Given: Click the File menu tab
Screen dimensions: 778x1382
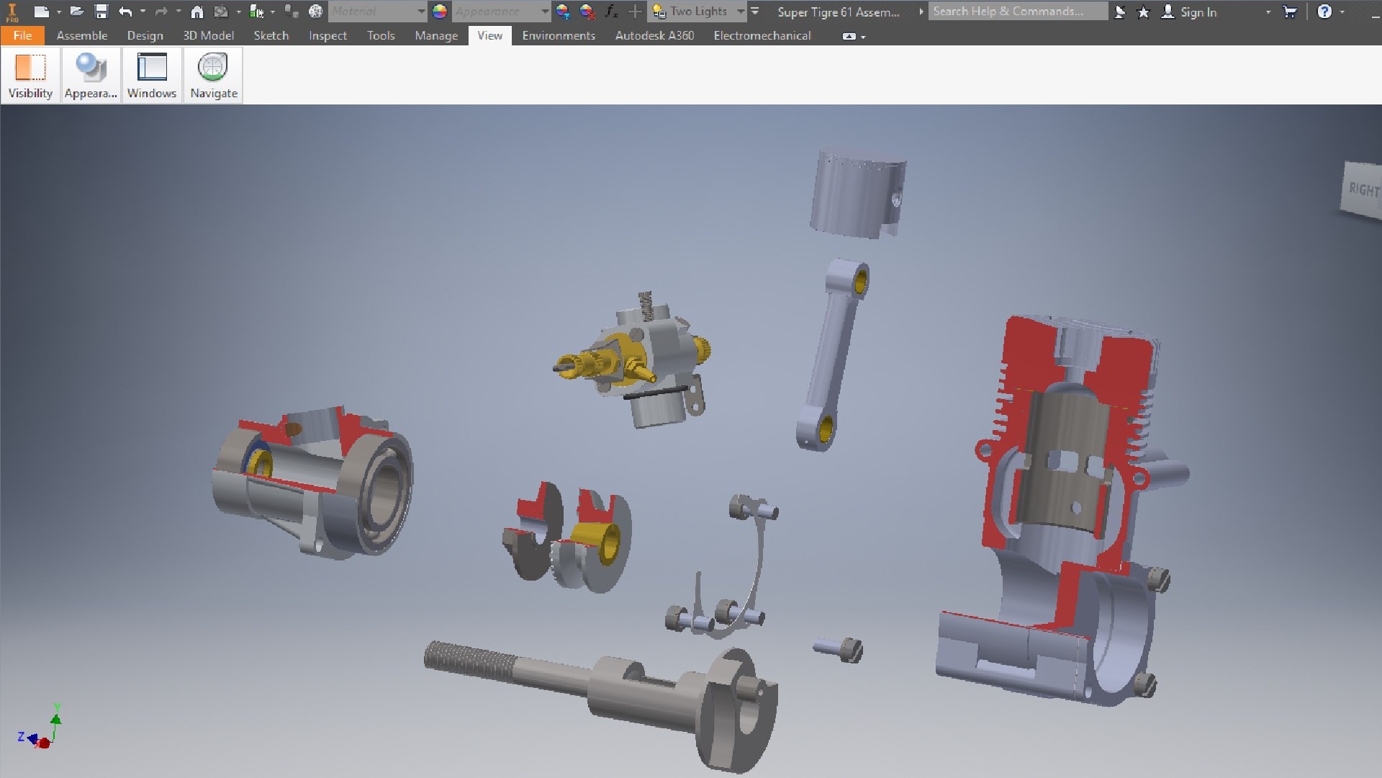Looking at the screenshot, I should point(22,35).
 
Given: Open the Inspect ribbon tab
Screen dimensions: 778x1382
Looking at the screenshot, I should point(328,35).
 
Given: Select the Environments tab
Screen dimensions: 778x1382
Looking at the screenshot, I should point(558,35).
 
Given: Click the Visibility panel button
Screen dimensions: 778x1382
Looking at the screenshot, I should point(30,75).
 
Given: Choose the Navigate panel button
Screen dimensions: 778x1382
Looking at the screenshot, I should point(214,75).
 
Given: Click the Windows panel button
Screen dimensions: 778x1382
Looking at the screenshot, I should point(152,75).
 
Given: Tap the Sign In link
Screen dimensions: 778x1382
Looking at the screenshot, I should point(1198,12).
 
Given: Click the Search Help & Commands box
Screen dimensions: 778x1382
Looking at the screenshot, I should point(1016,12).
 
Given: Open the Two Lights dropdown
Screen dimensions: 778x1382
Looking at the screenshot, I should point(741,12).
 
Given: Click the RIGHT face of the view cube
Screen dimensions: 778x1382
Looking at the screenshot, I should point(1363,189).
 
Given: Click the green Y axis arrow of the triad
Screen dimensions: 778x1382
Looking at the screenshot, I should point(56,716).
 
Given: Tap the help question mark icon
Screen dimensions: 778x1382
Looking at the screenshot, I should point(1324,12).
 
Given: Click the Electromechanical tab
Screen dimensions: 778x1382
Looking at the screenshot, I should point(762,35).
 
